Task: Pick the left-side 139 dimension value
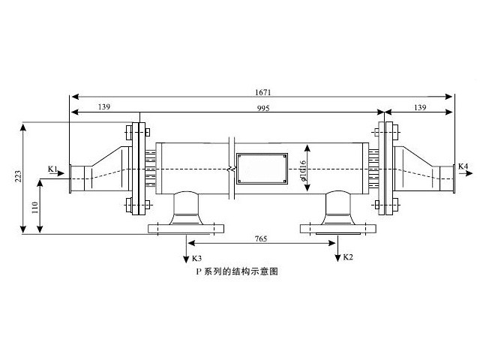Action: click(x=103, y=108)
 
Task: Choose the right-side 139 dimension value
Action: click(x=419, y=108)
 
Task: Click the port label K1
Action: click(x=52, y=169)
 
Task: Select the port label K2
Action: click(x=347, y=258)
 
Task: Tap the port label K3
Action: click(x=197, y=258)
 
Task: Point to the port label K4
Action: click(x=463, y=166)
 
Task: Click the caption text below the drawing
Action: click(x=237, y=273)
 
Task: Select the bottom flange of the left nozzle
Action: click(x=187, y=228)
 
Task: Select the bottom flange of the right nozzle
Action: click(x=337, y=228)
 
